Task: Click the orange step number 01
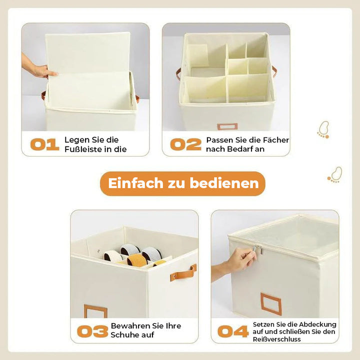pos(45,144)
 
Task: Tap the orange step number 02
pos(185,144)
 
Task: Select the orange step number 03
pos(92,331)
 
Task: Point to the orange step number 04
pos(233,331)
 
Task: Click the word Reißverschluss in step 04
pos(276,339)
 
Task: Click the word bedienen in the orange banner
pos(224,183)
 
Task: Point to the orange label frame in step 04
pos(271,304)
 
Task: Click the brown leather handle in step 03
pos(183,273)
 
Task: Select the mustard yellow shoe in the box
pos(137,260)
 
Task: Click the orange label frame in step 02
pos(227,126)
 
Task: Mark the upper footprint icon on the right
pos(323,129)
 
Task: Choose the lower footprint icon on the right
pos(335,174)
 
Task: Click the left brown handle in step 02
pos(178,74)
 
